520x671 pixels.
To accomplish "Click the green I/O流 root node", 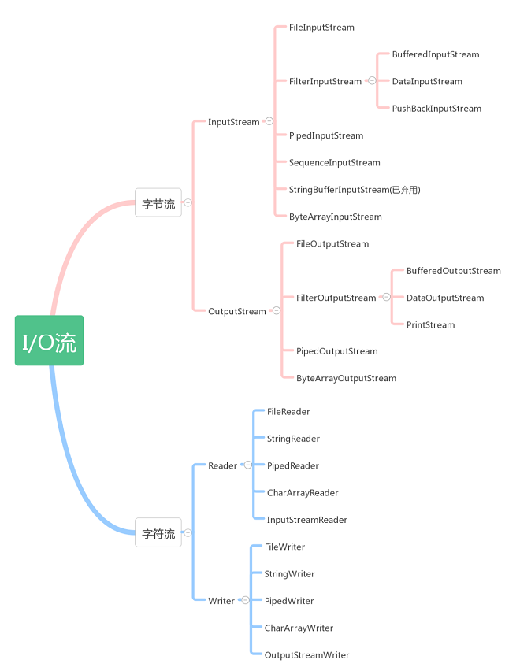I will (49, 340).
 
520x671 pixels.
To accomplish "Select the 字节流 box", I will (158, 203).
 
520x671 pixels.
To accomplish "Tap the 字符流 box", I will (158, 533).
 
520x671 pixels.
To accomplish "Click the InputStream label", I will (233, 122).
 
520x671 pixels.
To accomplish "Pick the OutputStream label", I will (237, 311).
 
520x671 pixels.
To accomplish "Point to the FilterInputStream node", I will (325, 81).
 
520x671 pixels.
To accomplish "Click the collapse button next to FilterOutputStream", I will (386, 297).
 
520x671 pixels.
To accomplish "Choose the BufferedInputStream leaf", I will (436, 54).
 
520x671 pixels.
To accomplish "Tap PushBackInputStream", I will (436, 109).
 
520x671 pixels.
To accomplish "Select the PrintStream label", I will (430, 324).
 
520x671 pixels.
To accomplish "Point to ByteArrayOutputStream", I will (346, 378).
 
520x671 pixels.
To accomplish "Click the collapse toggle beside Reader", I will (247, 465).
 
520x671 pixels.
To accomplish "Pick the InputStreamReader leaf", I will (306, 520).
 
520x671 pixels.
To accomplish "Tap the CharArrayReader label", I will (303, 493).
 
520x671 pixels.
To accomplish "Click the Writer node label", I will (221, 601).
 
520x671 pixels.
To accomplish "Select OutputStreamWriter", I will (306, 655).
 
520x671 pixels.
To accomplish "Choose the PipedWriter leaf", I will (289, 601).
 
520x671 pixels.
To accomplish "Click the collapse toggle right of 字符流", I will (188, 532).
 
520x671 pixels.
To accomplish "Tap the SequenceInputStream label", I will (334, 163).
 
